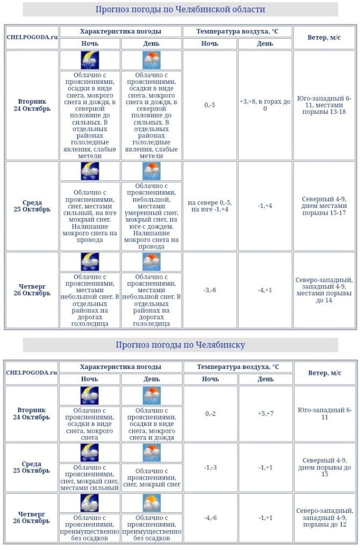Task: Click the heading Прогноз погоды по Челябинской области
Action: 180,10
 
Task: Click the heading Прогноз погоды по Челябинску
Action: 180,345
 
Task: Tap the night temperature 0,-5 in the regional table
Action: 210,105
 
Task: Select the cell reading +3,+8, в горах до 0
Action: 265,105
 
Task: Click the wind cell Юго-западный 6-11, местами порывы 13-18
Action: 324,105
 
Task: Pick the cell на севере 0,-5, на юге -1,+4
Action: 210,206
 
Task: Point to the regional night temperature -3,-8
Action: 210,290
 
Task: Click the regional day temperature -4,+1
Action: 265,290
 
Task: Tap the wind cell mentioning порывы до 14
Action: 324,290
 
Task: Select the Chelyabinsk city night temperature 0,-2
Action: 210,414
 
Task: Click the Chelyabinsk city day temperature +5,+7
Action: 265,414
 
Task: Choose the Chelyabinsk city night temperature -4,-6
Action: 210,518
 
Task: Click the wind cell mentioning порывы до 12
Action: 324,518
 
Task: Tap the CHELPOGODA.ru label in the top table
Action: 32,37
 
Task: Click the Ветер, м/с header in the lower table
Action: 324,373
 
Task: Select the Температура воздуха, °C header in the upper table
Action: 237,31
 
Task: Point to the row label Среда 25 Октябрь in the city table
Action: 32,467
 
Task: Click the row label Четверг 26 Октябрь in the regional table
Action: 32,290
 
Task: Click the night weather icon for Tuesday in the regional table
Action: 90,60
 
